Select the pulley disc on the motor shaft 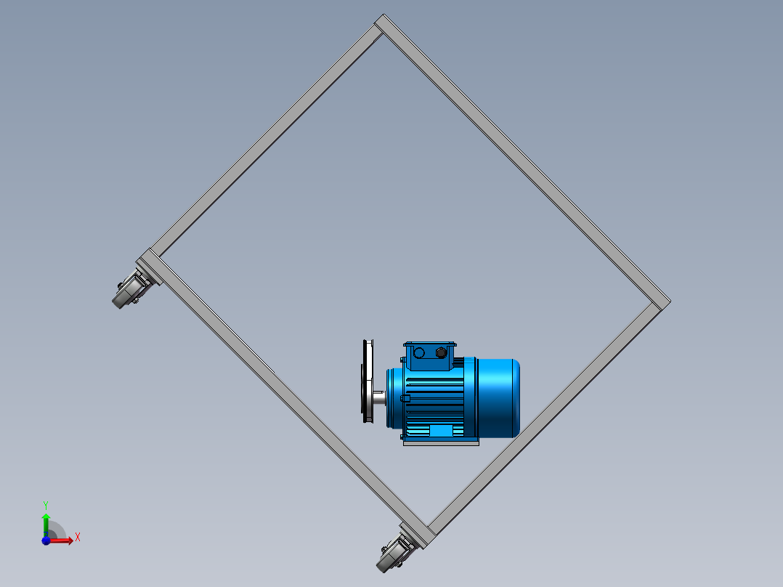pyautogui.click(x=368, y=381)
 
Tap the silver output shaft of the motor pyautogui.click(x=379, y=397)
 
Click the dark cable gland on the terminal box pyautogui.click(x=441, y=352)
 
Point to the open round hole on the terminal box pyautogui.click(x=420, y=352)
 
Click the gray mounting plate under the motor pyautogui.click(x=441, y=442)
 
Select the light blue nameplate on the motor pyautogui.click(x=441, y=431)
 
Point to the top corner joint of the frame pyautogui.click(x=383, y=23)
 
